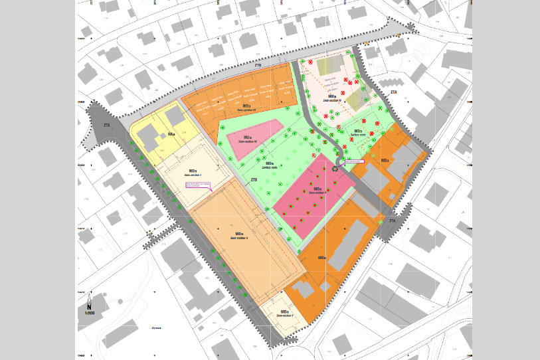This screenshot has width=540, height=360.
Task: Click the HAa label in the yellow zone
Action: (x=171, y=135)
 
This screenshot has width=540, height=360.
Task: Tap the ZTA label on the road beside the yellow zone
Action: (x=106, y=124)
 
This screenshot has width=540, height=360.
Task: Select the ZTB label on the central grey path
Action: (x=254, y=180)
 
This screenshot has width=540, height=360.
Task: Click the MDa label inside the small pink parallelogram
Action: (x=247, y=137)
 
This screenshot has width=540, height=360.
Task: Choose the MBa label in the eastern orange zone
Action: (x=385, y=160)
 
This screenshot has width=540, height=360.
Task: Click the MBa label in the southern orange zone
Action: (x=321, y=258)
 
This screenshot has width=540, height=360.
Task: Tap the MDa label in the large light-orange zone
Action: (x=238, y=234)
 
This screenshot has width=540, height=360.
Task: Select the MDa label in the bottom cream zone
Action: (x=284, y=312)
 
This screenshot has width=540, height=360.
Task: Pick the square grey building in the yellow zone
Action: (x=175, y=116)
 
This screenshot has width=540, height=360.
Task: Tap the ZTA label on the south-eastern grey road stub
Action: (x=391, y=220)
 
